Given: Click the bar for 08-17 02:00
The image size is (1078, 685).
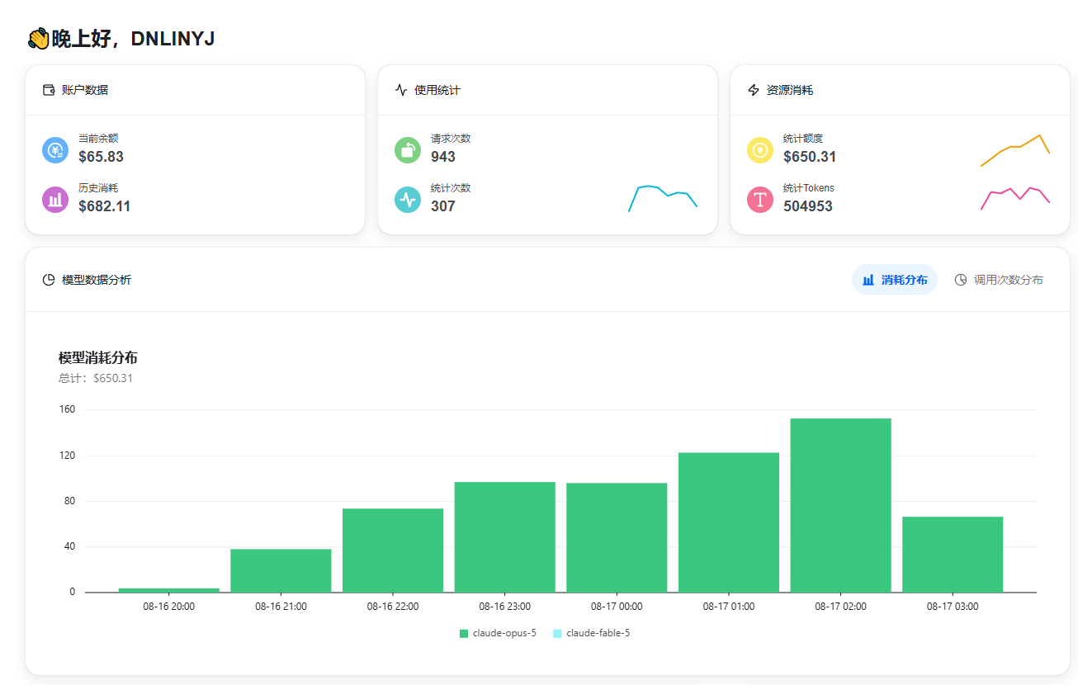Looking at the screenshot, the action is tap(840, 505).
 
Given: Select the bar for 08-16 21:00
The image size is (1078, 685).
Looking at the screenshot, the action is tap(281, 570).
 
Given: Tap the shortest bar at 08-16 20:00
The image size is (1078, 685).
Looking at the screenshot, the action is tap(168, 590).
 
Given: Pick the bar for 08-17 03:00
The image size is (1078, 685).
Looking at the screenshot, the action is tap(953, 554).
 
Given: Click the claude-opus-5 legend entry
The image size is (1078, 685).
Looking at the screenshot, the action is tap(498, 633).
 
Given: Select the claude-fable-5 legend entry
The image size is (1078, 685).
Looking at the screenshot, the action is tap(592, 633).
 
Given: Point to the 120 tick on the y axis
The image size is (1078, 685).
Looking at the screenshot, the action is tap(68, 455).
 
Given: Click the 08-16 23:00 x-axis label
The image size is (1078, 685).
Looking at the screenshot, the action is tap(504, 606).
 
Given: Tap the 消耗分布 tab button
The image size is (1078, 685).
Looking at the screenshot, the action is tap(895, 280).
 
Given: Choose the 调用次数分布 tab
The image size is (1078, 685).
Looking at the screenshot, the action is tap(999, 280).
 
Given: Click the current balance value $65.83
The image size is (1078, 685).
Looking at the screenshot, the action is tap(101, 156).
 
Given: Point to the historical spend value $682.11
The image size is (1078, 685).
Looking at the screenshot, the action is tap(105, 205).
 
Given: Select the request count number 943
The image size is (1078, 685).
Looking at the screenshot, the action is tap(442, 156).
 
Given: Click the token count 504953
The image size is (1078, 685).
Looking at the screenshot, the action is tap(807, 205).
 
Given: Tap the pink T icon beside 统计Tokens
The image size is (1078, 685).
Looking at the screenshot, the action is tap(760, 200).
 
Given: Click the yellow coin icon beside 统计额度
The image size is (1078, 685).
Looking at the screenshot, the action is tap(760, 150).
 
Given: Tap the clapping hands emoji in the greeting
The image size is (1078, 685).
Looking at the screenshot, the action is tap(39, 39).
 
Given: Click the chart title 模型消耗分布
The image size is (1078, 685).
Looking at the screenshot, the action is tap(97, 357).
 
